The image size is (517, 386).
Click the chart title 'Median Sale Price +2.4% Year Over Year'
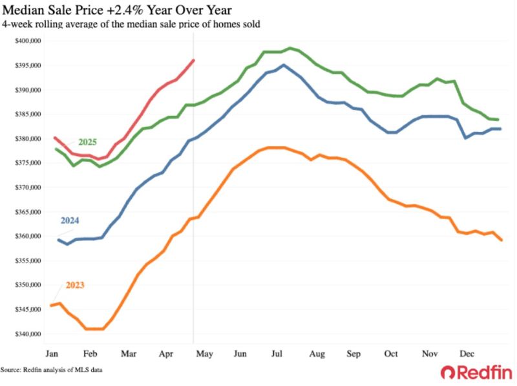coord(117,10)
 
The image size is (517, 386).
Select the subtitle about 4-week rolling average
coord(131,24)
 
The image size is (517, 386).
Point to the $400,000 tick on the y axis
coord(28,41)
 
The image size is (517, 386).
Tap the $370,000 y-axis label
coord(28,188)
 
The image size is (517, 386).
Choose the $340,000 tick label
coord(28,334)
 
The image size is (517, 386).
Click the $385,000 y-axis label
coord(28,114)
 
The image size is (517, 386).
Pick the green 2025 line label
coord(87,142)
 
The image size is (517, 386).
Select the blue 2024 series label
coord(70,220)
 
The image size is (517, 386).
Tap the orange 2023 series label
coord(75,285)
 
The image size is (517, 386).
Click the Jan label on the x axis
coord(52,354)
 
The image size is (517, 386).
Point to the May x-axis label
coord(204,354)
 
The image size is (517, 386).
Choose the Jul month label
coord(277,354)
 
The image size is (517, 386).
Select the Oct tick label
coord(391,354)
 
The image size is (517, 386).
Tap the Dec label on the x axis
coord(467,354)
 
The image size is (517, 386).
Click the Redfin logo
coord(476,373)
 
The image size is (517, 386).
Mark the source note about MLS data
coord(51,370)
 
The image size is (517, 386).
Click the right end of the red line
coord(193,60)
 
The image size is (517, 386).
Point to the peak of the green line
coord(290,48)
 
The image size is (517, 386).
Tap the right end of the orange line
coord(501,240)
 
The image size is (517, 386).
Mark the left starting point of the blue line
coord(58,240)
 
